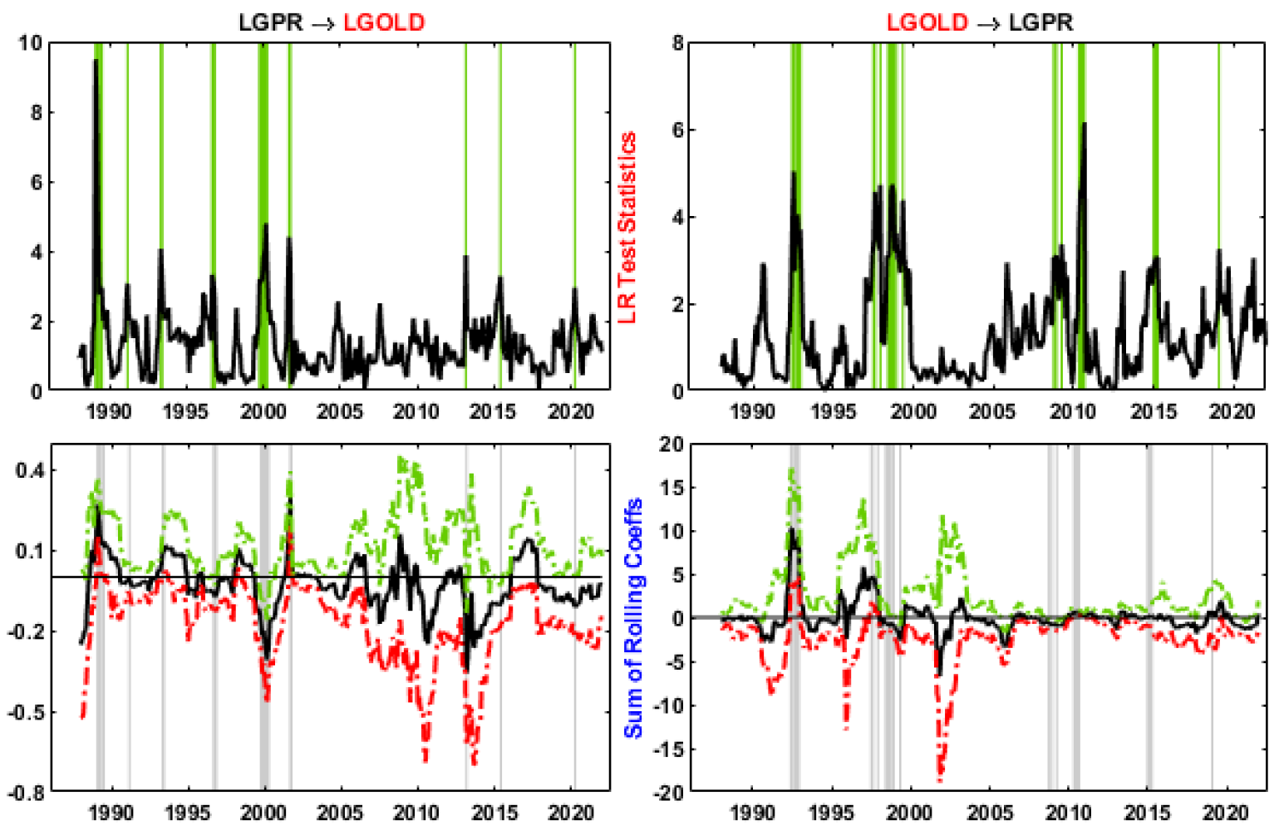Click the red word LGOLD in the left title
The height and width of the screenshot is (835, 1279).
pyautogui.click(x=383, y=22)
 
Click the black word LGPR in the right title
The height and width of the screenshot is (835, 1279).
pyautogui.click(x=1040, y=22)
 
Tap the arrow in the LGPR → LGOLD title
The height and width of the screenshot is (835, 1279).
pyautogui.click(x=323, y=23)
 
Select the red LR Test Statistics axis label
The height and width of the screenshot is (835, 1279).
pyautogui.click(x=627, y=227)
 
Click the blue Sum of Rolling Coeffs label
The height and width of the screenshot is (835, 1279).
pyautogui.click(x=633, y=617)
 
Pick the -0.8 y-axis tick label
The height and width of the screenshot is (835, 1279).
pyautogui.click(x=27, y=793)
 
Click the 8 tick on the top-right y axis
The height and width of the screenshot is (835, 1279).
pyautogui.click(x=677, y=43)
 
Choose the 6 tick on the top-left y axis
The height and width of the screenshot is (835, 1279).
pyautogui.click(x=36, y=182)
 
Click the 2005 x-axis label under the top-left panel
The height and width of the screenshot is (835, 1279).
pyautogui.click(x=339, y=411)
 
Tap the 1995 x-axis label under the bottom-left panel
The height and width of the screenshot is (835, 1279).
pyautogui.click(x=186, y=813)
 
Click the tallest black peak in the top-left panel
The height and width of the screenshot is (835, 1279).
pyautogui.click(x=96, y=61)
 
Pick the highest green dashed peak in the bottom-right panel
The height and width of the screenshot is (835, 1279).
pyautogui.click(x=791, y=469)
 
